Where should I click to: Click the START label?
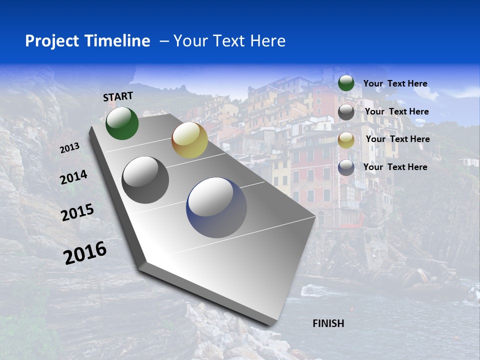point(118,96)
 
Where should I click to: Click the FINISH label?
point(328,323)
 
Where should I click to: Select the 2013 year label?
point(69,148)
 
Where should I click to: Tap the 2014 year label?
point(73,177)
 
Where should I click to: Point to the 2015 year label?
point(77,212)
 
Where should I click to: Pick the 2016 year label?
point(85,252)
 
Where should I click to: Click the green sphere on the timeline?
point(122,123)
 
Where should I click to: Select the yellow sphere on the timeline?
point(189,140)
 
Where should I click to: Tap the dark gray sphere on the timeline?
point(145,180)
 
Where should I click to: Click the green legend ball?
point(346,83)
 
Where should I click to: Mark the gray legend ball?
point(346,112)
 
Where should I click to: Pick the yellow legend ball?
point(346,140)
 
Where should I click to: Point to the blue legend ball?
point(346,167)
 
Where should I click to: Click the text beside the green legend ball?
point(395,83)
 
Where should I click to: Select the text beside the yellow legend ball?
point(397,139)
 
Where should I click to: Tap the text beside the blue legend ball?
point(395,167)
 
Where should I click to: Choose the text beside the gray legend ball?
point(396,111)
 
